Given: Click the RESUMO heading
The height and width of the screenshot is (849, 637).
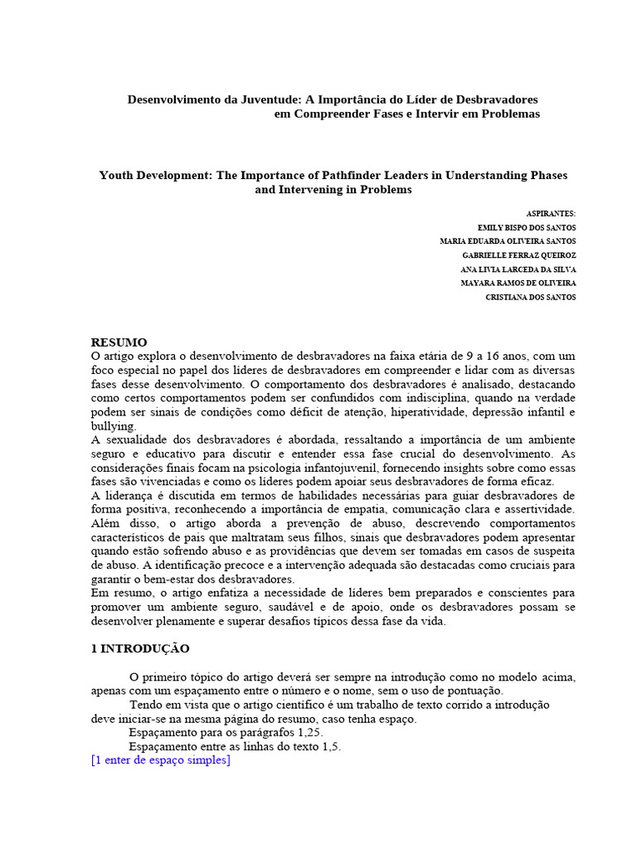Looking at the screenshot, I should click(x=119, y=342).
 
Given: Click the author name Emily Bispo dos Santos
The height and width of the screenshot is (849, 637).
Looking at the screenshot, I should click(x=527, y=228).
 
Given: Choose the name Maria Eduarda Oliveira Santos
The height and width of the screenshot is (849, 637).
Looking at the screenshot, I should click(x=508, y=242).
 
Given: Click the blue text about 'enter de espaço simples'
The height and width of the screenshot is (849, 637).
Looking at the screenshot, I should click(x=161, y=760).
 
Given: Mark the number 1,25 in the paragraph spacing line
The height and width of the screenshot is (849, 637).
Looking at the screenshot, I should click(x=307, y=733).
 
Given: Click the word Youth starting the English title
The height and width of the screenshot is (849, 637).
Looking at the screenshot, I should click(x=117, y=176).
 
